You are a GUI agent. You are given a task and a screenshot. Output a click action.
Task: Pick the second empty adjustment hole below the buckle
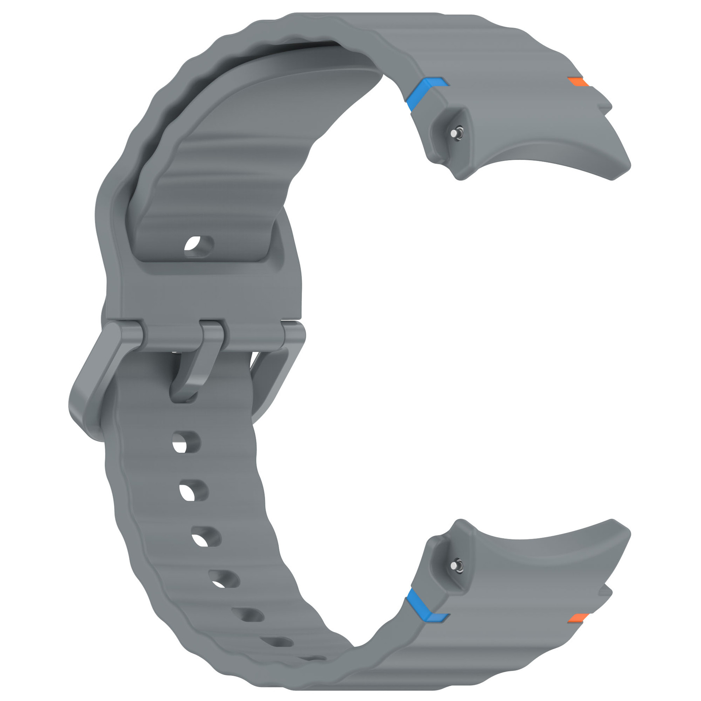pyautogui.click(x=194, y=490)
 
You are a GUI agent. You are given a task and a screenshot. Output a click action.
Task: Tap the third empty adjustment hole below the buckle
pyautogui.click(x=206, y=537)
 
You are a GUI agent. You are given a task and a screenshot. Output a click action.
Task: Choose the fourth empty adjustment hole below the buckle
pyautogui.click(x=223, y=579)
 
